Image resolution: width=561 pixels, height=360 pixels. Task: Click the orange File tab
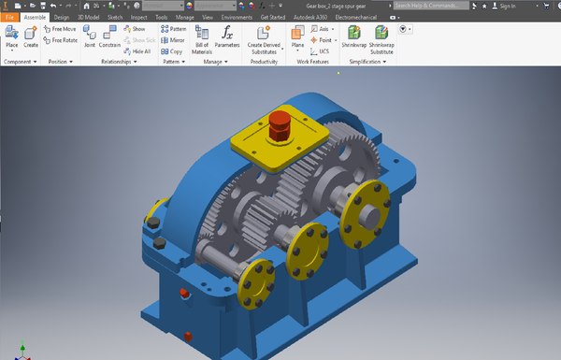coord(9,17)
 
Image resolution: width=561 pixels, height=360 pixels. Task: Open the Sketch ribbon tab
coord(114,17)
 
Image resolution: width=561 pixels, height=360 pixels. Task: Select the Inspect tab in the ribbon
coord(138,17)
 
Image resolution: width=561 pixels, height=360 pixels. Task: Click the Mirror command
coord(174,40)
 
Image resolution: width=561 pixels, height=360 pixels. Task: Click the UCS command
coord(321,51)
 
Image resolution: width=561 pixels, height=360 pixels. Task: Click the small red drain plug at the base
coord(188,333)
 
